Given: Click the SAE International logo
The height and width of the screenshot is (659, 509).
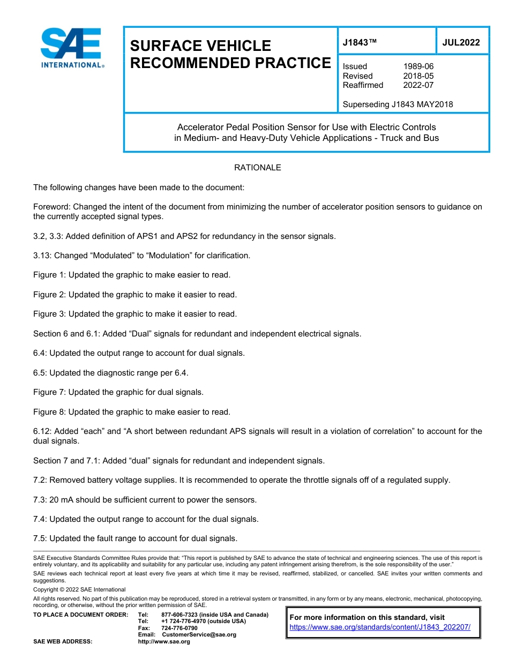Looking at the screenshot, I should pos(72,48).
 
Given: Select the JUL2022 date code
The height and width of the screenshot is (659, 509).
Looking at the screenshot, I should pos(461,42).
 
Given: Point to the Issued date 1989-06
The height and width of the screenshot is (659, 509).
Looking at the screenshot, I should pos(418,66).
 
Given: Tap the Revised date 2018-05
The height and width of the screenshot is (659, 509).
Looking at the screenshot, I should pos(418,76).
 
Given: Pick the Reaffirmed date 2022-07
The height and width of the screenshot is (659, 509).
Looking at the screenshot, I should pos(418,85).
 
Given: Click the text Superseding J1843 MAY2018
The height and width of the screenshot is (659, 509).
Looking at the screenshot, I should pos(398,104).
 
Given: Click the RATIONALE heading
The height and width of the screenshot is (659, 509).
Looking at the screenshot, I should pos(257,168).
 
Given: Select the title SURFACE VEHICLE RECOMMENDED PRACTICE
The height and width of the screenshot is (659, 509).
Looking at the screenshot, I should pos(230,54).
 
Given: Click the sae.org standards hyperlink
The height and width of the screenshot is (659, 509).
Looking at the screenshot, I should pos(380,627).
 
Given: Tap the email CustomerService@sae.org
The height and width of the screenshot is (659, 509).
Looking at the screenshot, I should pos(198,634).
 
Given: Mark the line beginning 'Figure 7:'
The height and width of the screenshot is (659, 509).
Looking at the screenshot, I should pos(118,392).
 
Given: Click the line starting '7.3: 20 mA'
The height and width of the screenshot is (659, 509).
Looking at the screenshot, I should pos(145,500).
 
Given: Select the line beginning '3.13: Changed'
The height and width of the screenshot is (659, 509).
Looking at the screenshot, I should pos(141,256).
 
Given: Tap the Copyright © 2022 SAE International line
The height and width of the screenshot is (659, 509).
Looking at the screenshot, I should pos(79,589).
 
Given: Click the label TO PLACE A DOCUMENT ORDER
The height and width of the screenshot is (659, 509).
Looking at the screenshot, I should pos(81,615).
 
